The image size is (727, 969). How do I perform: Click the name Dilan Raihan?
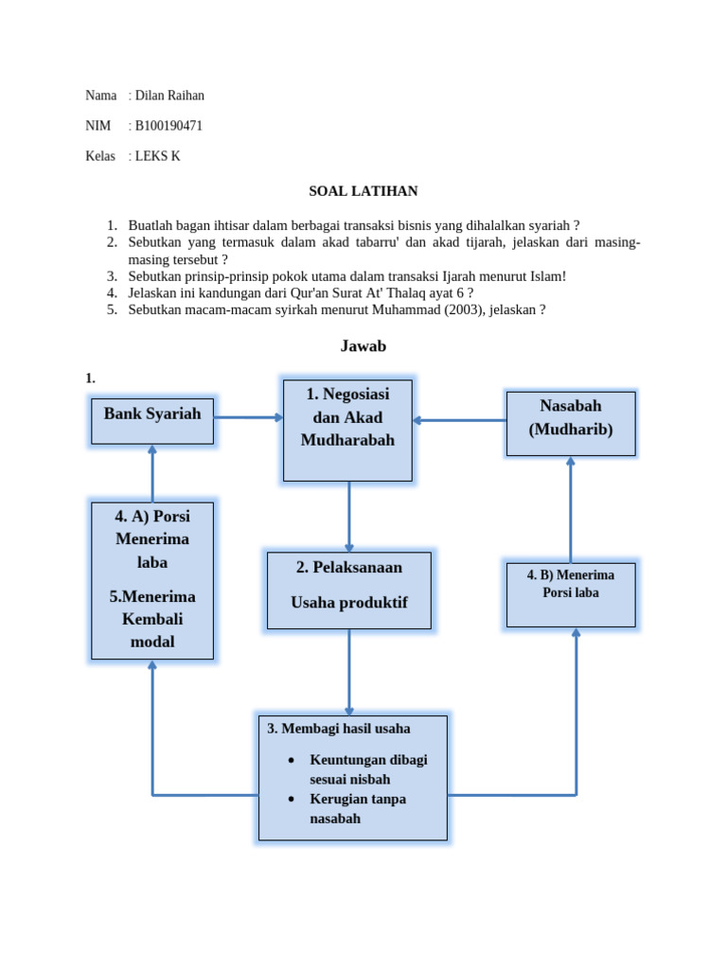click(x=169, y=96)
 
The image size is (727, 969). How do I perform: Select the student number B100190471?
click(x=168, y=126)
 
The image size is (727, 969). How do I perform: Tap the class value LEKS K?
click(x=157, y=156)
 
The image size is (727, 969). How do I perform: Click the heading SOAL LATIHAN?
click(x=363, y=191)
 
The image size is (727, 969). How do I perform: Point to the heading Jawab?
click(x=363, y=346)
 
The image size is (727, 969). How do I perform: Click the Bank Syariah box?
click(x=152, y=420)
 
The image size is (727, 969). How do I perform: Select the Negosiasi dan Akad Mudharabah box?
click(x=347, y=431)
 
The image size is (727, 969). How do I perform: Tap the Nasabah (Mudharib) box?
click(x=570, y=423)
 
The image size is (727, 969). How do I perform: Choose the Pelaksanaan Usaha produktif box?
click(x=348, y=590)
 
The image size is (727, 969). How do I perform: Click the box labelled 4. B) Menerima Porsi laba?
click(x=570, y=594)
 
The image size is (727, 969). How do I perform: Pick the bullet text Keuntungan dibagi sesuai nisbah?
click(x=368, y=769)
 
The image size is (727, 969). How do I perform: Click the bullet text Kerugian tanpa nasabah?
click(x=358, y=808)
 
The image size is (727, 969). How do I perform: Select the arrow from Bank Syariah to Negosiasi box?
click(x=248, y=417)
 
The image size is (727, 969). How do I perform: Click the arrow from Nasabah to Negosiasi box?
click(x=459, y=420)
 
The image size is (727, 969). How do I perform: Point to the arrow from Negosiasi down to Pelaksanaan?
click(x=349, y=516)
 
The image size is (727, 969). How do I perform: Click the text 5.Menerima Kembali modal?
click(x=152, y=619)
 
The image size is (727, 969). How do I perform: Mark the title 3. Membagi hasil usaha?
click(x=339, y=729)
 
